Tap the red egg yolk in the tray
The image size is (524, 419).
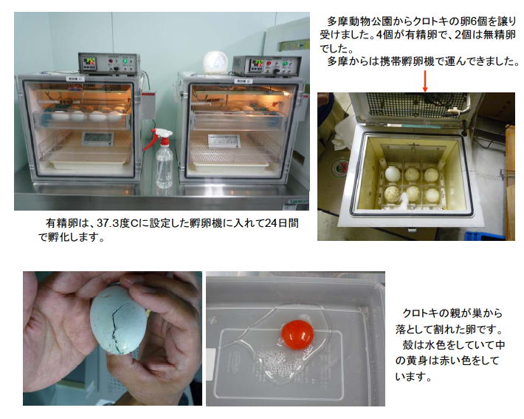click(297, 334)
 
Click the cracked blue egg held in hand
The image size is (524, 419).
click(118, 320)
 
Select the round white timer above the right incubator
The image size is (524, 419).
click(216, 62)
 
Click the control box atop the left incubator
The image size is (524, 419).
click(108, 64)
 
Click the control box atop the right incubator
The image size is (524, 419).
click(266, 66)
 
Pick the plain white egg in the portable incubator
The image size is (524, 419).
click(392, 174)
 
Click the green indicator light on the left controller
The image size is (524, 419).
click(125, 61)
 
